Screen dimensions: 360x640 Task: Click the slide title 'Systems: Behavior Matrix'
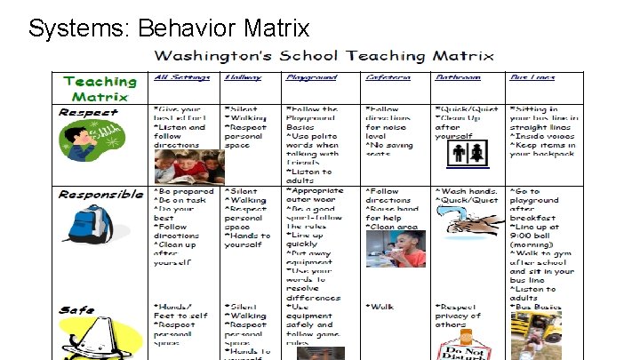[169, 28]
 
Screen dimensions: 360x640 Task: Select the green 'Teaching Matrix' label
[100, 88]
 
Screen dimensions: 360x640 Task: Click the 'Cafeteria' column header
[388, 77]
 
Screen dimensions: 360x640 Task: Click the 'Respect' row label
[88, 112]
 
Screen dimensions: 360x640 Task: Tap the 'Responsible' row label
[100, 194]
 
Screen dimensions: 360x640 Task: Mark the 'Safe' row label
[77, 310]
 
